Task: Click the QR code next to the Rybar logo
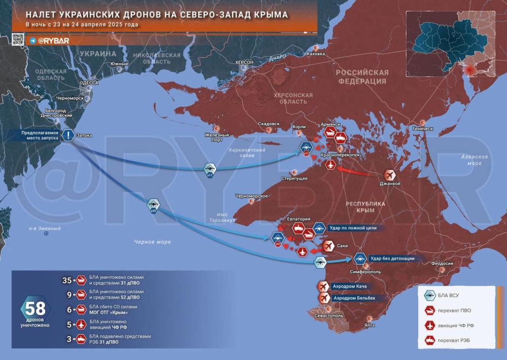coord(18,40)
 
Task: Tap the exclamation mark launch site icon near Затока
coord(67,135)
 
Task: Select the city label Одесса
coord(89,82)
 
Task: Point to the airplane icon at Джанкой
coord(390,174)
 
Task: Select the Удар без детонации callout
coord(392,259)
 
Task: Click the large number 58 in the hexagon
coord(35,309)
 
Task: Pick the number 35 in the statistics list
coord(66,280)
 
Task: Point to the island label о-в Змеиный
coord(45,228)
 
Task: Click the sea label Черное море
coord(153,242)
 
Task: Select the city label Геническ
coord(423,129)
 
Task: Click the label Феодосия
coord(442,264)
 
